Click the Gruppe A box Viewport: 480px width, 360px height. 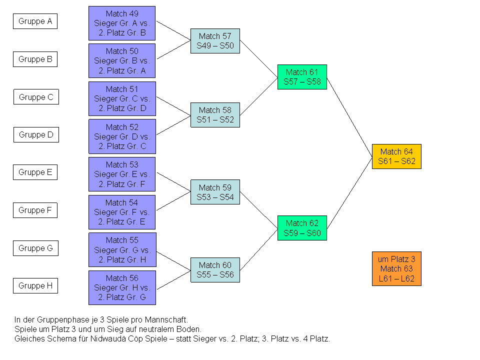35,21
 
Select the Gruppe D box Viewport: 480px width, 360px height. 35,134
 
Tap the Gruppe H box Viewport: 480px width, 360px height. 35,286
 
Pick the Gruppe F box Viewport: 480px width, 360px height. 35,210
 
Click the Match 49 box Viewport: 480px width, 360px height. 122,23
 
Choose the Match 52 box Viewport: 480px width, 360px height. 122,136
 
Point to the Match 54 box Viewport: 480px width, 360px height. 122,212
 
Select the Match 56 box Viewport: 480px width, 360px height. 122,287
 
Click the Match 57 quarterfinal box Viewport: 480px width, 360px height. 215,41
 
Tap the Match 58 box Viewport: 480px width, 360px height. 215,115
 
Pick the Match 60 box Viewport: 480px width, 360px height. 215,270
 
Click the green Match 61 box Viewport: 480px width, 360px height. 302,77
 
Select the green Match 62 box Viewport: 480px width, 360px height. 302,228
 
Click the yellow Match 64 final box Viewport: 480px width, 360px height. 396,156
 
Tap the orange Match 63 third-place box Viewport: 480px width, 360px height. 396,269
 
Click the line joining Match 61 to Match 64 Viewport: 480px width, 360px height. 349,117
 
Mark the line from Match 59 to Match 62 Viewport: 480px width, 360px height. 258,210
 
